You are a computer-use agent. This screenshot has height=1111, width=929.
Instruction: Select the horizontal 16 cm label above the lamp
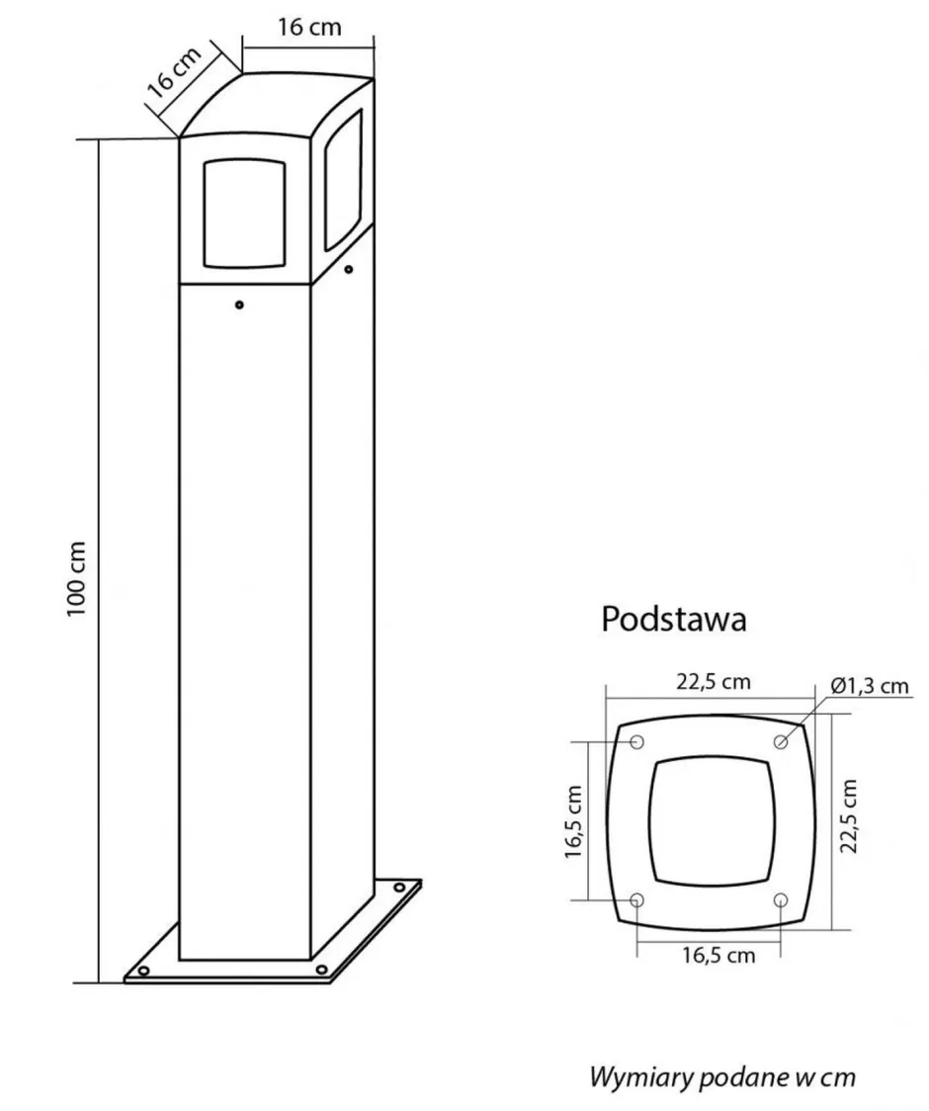point(309,27)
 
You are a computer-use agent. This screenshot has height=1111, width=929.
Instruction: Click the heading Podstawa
point(673,620)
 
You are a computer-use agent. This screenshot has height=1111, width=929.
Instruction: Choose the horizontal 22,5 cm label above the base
point(714,682)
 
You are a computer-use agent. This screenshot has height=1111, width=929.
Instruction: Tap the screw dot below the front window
point(238,305)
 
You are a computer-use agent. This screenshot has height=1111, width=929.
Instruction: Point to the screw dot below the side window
point(349,268)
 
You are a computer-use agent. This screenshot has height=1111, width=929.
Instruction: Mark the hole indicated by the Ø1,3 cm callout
point(781,741)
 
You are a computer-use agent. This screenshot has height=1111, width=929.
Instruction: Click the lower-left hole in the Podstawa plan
point(636,899)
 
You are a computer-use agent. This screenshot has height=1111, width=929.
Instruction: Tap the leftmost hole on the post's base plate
point(144,971)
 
